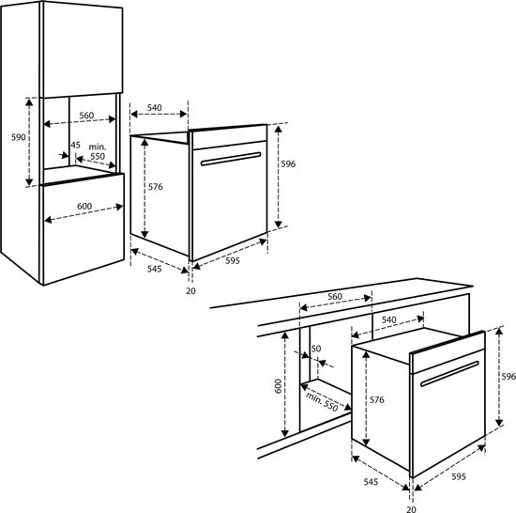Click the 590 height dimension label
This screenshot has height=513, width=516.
19,137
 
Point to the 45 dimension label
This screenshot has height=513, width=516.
75,145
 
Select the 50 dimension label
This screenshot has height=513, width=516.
316,349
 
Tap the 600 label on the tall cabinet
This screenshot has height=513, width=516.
84,207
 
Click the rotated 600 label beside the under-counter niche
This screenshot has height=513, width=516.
278,386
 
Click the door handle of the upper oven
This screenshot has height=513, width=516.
231,159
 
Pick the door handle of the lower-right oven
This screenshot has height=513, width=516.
449,373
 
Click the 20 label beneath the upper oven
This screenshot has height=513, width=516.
190,291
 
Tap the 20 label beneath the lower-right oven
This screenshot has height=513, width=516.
411,509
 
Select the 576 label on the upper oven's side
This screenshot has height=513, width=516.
156,187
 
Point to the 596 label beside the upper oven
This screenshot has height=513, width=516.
288,163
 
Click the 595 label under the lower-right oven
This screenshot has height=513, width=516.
459,476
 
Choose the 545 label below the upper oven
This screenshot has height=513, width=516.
155,269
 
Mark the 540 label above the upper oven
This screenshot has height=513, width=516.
155,108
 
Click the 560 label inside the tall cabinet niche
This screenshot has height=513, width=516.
86,116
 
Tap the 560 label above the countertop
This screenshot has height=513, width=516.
335,297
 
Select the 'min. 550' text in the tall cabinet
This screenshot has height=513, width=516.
98,151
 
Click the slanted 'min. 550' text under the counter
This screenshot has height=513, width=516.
322,402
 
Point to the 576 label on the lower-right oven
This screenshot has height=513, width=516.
377,399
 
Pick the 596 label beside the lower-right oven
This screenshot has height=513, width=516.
508,376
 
